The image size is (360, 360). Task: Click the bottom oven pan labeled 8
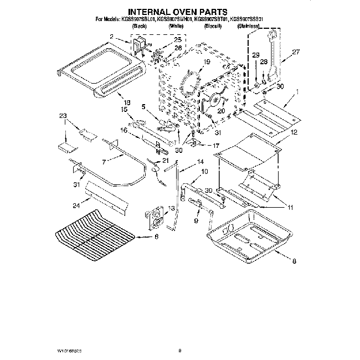point(249,230)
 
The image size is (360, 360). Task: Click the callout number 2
point(111,37)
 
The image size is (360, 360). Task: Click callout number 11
point(290,207)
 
